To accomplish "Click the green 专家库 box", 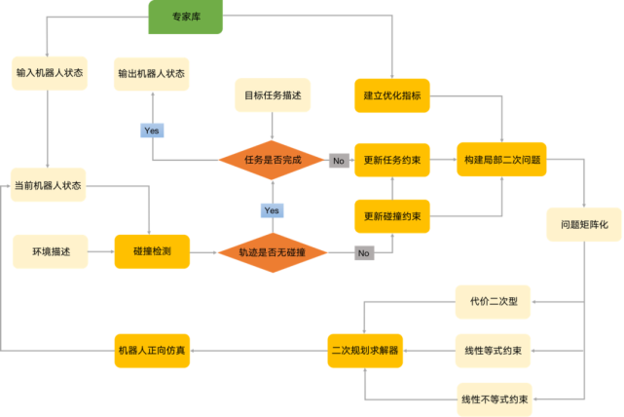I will (x=185, y=17).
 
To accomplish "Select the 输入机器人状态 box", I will (x=49, y=73).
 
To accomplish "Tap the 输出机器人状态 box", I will (x=151, y=73).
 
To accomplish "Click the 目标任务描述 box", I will (x=273, y=96).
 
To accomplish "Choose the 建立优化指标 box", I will (x=391, y=96).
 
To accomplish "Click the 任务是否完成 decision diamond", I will (x=272, y=160).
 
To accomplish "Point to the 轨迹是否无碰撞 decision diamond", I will (x=272, y=252).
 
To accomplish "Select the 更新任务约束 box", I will (x=391, y=160).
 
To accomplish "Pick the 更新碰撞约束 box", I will (x=391, y=215).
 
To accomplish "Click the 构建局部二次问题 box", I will (x=501, y=160).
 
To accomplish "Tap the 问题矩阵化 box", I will (x=583, y=224).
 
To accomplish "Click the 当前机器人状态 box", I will (x=49, y=184).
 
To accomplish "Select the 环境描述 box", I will (x=49, y=251).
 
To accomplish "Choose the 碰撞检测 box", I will (x=152, y=251).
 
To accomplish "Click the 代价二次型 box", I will (x=494, y=301).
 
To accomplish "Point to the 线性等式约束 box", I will (x=494, y=350).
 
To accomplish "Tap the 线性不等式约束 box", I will (x=494, y=398).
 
